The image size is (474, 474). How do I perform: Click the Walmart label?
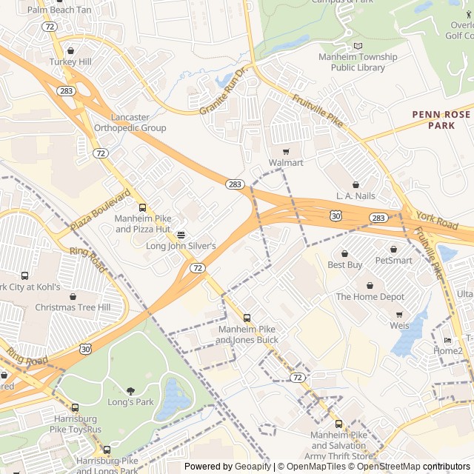286,162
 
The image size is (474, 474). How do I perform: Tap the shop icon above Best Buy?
344,253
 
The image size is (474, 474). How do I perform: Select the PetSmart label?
393,261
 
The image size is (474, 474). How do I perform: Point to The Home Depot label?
370,297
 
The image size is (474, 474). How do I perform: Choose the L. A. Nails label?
355,196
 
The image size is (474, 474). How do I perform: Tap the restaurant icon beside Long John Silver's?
181,235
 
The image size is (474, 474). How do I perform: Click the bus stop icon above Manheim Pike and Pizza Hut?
142,207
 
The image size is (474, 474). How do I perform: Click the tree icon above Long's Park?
131,391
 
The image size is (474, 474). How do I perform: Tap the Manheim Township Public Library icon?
358,46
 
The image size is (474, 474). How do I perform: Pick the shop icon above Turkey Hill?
70,51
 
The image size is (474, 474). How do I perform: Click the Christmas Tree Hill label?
73,307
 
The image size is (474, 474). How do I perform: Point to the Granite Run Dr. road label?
221,93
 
